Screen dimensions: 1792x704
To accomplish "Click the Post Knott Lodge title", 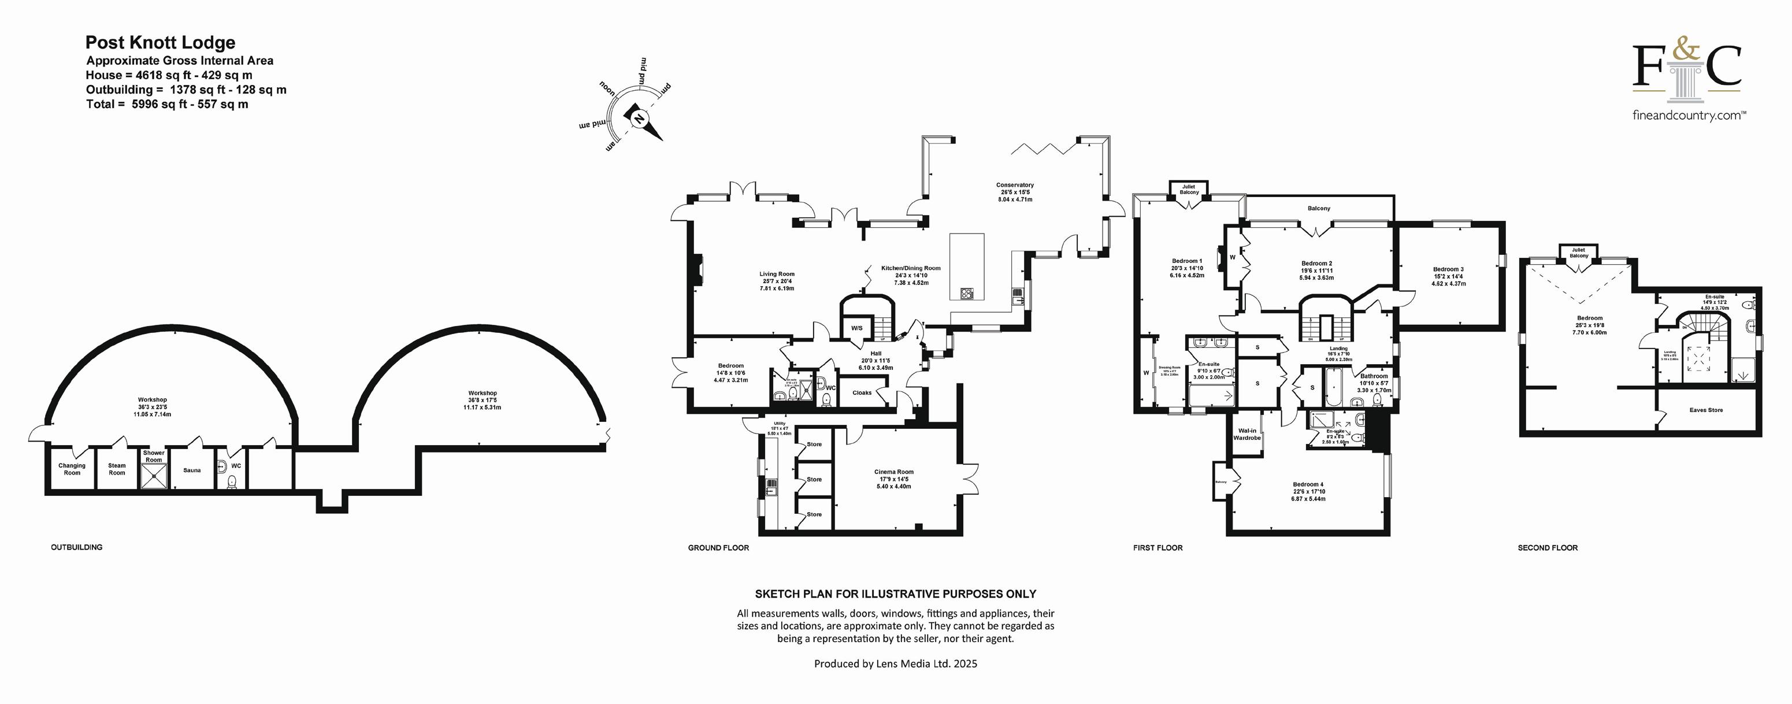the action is pos(160,43).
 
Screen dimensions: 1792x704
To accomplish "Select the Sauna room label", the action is pos(192,470).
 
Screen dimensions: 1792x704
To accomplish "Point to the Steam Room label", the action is pos(117,469).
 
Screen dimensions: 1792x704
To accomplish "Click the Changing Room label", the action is pos(72,469).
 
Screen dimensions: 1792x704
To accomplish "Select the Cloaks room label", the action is pos(862,393).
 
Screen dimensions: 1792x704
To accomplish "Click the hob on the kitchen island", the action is pos(967,294).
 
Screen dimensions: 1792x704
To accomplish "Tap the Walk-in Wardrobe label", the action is pos(1247,435).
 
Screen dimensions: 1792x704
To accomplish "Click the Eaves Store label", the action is pos(1706,410).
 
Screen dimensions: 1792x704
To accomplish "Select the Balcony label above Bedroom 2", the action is pos(1319,209).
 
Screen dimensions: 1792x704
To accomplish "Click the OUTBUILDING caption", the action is pos(76,547).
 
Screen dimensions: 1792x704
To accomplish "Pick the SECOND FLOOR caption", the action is pos(1548,548).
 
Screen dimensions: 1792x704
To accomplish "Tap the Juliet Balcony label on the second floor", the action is pos(1578,253).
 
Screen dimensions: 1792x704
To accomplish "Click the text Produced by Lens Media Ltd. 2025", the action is pos(895,664).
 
